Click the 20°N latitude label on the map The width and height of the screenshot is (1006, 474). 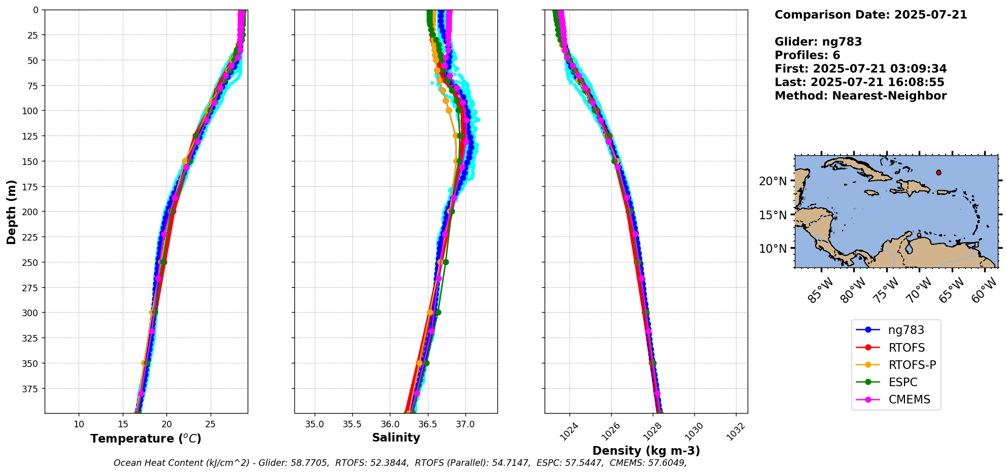pyautogui.click(x=773, y=181)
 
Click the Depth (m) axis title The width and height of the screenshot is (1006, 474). pyautogui.click(x=11, y=212)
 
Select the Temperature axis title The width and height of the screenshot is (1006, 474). pyautogui.click(x=146, y=438)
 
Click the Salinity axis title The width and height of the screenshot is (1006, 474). pyautogui.click(x=396, y=437)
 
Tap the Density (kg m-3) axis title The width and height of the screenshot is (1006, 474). pyautogui.click(x=646, y=451)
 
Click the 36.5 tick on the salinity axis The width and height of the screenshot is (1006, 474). pyautogui.click(x=427, y=424)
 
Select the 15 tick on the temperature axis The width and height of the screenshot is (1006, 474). pyautogui.click(x=123, y=424)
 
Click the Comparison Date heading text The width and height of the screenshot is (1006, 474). pyautogui.click(x=870, y=15)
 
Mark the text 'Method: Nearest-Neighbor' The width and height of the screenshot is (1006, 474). pyautogui.click(x=860, y=96)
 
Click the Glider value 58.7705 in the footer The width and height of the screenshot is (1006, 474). pyautogui.click(x=309, y=463)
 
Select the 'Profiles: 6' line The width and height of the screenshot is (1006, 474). pyautogui.click(x=807, y=55)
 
